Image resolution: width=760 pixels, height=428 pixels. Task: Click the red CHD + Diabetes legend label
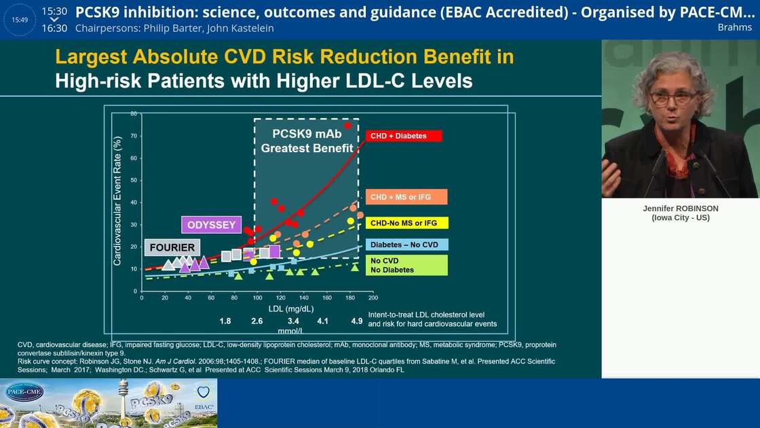404,136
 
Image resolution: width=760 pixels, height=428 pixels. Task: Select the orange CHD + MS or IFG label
406,197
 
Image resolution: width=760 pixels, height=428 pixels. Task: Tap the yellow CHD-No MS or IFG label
406,223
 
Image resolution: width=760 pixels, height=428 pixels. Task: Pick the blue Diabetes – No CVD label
406,245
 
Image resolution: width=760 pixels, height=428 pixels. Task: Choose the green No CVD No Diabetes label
406,265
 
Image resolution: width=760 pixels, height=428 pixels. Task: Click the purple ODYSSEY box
212,225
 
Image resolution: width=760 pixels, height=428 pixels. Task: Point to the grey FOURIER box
172,247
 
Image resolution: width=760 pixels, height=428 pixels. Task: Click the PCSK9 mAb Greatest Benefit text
307,141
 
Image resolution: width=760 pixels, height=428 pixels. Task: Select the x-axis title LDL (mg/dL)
291,308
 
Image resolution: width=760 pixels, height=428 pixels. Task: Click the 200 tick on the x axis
373,298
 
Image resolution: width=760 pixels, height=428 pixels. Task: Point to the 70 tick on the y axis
134,136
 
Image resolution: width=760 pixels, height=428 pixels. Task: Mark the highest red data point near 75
348,125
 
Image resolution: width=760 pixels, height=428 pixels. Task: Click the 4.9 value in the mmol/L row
357,321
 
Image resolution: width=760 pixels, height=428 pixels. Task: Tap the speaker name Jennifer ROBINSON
680,209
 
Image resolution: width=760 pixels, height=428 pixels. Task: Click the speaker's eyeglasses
673,97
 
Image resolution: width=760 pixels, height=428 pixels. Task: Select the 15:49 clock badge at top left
20,20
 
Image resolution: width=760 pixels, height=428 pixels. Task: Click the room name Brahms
734,27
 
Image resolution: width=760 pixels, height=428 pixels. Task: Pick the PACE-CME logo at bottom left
24,392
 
